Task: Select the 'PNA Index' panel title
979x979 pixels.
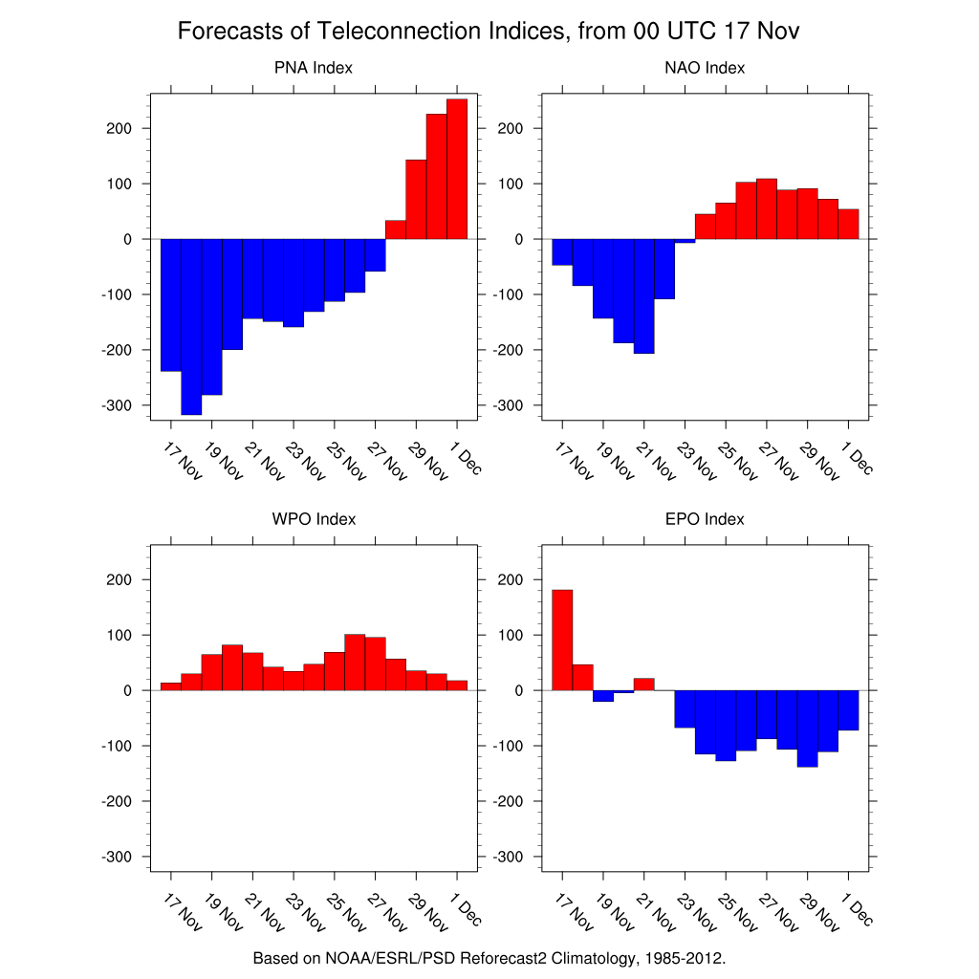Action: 314,68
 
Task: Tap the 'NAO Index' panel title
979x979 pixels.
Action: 705,68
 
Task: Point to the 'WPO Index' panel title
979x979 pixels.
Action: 314,519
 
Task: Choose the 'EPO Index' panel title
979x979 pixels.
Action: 705,519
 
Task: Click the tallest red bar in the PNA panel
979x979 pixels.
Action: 457,168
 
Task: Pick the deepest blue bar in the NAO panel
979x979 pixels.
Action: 643,295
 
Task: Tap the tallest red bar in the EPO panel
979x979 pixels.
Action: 562,640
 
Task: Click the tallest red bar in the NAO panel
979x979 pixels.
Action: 766,208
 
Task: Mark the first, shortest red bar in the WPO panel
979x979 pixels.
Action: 170,685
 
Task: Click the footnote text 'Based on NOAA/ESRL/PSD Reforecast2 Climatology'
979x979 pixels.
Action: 489,957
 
